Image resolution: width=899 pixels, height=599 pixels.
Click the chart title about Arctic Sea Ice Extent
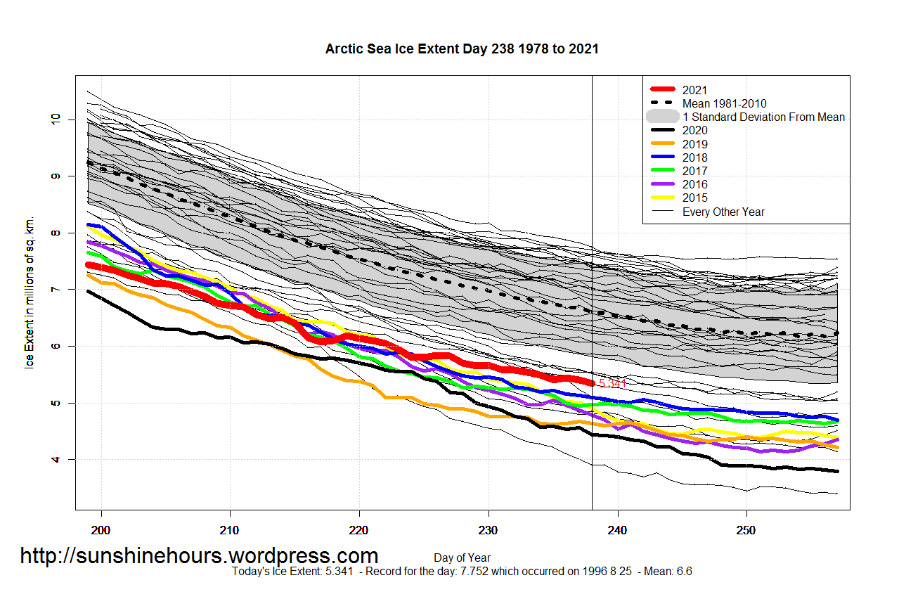(462, 49)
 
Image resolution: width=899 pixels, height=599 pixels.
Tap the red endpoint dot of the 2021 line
(592, 383)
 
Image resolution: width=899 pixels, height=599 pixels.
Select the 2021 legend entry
(694, 90)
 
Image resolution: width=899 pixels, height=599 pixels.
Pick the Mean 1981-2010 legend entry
(724, 103)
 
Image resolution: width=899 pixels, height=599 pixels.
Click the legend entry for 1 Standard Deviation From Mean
(763, 117)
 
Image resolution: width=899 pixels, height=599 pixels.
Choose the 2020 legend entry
(694, 130)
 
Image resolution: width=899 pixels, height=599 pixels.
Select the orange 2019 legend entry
(694, 144)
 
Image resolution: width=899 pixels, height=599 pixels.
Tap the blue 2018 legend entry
(694, 157)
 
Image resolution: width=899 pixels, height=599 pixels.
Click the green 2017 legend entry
(694, 171)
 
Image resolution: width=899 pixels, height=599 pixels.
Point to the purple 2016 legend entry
(694, 184)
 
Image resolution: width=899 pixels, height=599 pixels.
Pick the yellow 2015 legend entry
(694, 198)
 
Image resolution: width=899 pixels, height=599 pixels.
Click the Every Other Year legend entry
(723, 212)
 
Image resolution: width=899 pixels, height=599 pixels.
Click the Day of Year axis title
(462, 558)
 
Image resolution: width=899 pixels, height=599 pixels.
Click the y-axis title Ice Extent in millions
(30, 292)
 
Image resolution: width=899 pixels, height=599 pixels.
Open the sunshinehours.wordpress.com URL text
(199, 555)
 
